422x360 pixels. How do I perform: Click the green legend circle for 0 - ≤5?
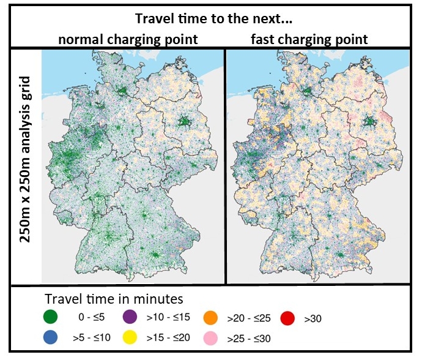pyautogui.click(x=51, y=317)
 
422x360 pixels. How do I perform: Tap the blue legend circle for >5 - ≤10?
pyautogui.click(x=51, y=336)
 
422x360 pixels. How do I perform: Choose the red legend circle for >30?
pyautogui.click(x=288, y=317)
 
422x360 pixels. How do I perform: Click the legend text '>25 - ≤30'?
pyautogui.click(x=249, y=338)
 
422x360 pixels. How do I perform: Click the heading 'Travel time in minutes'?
pyautogui.click(x=114, y=299)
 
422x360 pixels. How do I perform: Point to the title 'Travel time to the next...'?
pyautogui.click(x=212, y=18)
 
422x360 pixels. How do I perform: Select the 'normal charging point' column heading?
pyautogui.click(x=128, y=40)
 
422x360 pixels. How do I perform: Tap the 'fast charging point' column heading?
pyautogui.click(x=309, y=40)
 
